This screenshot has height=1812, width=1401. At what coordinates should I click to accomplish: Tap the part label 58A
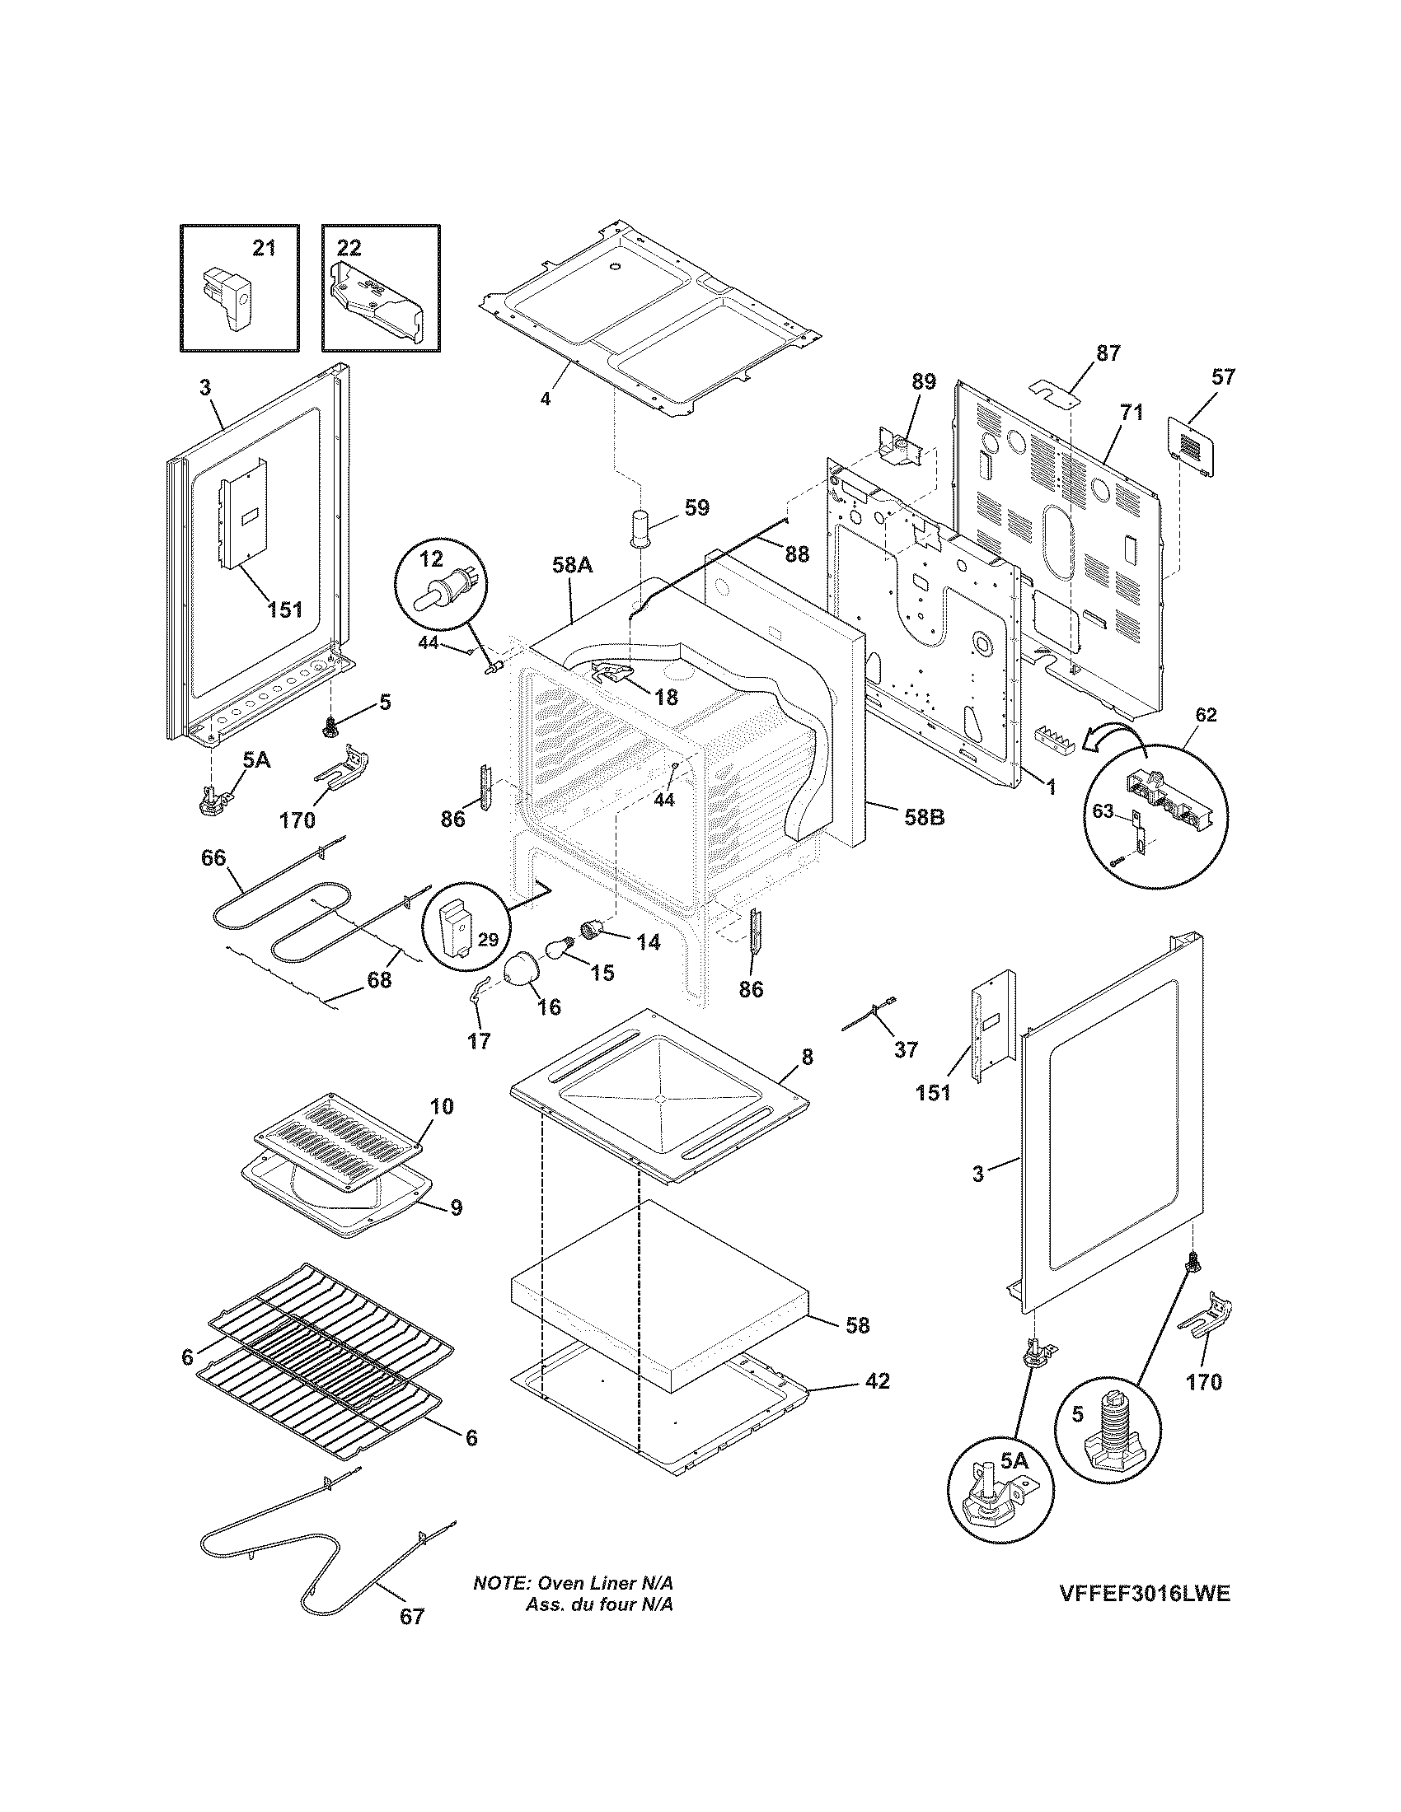[572, 567]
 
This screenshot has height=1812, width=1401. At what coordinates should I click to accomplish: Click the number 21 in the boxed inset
[264, 248]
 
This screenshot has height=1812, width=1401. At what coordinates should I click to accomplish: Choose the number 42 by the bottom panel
[878, 1380]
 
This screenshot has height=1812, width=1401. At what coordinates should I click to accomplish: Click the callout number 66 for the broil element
[213, 858]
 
